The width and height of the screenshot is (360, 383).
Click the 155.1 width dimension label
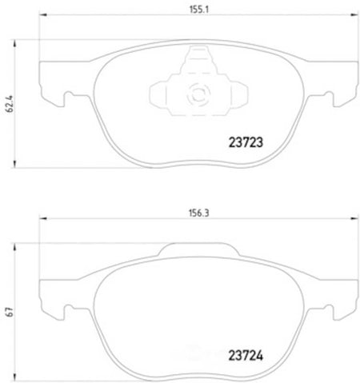pos(199,10)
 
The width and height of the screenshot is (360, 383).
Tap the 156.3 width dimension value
pos(199,213)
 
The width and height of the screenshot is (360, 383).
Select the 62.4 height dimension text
pos(10,104)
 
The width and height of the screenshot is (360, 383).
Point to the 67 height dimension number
pos(10,312)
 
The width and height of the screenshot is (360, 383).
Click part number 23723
pos(246,142)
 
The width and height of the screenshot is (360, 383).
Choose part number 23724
pos(246,356)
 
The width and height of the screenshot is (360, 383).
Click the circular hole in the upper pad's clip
pos(198,94)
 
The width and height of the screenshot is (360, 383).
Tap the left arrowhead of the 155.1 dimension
pos(43,14)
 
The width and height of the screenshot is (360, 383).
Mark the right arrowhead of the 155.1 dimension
pos(354,14)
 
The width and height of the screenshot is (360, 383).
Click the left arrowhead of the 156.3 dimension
pos(43,218)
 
